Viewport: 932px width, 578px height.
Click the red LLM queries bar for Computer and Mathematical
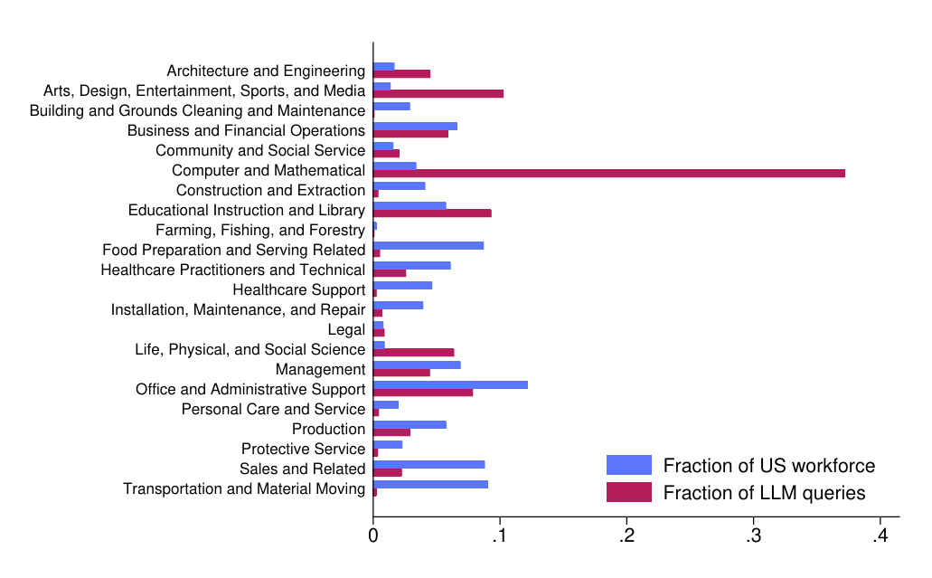(608, 173)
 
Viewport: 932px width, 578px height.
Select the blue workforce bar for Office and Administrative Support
(450, 384)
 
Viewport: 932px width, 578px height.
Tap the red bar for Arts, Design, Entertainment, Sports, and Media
(438, 93)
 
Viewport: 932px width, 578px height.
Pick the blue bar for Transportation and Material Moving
(430, 484)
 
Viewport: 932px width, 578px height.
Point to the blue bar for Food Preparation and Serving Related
(428, 245)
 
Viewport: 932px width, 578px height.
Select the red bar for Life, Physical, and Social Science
(413, 352)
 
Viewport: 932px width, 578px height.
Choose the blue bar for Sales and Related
(428, 464)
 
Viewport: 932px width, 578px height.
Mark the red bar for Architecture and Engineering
(401, 73)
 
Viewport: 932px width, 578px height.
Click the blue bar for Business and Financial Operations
(415, 126)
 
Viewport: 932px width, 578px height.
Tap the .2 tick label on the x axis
(626, 535)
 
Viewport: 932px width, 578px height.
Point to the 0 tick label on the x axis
(373, 535)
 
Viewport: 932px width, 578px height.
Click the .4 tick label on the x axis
(880, 535)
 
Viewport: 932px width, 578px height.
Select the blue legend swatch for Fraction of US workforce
(628, 465)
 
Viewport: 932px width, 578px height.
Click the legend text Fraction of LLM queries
(764, 493)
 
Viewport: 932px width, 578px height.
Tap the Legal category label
(346, 329)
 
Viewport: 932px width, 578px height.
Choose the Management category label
(320, 369)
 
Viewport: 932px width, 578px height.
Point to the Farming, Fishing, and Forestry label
(260, 230)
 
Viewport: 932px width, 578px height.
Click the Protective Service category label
(303, 449)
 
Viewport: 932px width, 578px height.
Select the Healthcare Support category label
(298, 289)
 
